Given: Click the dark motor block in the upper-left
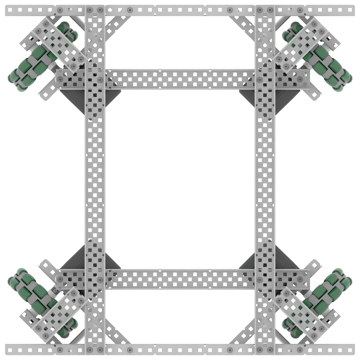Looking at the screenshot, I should [x=74, y=99].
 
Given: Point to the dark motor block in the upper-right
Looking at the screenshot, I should [x=286, y=99].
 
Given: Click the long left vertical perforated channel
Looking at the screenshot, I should [x=95, y=180].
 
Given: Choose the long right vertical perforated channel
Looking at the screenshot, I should [x=265, y=180].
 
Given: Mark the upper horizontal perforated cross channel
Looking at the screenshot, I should [x=180, y=78].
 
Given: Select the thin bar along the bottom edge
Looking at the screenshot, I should [x=180, y=349].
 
